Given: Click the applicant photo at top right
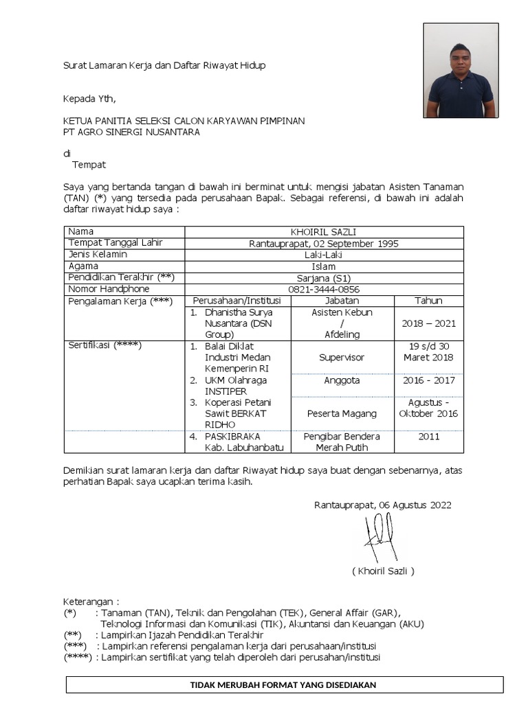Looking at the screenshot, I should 461,71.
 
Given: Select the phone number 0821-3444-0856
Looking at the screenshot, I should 324,289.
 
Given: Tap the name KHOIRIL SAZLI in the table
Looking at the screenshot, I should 324,231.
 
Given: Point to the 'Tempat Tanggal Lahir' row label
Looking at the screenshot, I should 115,243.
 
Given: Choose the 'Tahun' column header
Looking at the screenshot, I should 428,301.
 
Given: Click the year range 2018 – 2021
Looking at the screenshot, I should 428,323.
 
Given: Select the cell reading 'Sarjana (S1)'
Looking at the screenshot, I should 324,277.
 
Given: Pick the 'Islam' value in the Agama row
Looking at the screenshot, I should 324,266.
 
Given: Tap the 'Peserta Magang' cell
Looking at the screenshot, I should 342,413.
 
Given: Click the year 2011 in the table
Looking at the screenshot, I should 428,436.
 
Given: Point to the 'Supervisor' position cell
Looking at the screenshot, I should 342,357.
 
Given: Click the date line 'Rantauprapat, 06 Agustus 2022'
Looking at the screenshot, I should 382,505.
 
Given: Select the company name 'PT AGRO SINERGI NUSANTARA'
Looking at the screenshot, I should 131,132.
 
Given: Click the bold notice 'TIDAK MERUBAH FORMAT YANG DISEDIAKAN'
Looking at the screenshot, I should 285,684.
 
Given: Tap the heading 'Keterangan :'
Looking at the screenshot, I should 91,601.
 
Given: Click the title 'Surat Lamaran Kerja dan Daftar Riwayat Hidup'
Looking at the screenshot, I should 164,65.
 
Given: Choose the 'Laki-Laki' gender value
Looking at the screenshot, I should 324,254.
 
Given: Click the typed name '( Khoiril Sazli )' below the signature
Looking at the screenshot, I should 383,571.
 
